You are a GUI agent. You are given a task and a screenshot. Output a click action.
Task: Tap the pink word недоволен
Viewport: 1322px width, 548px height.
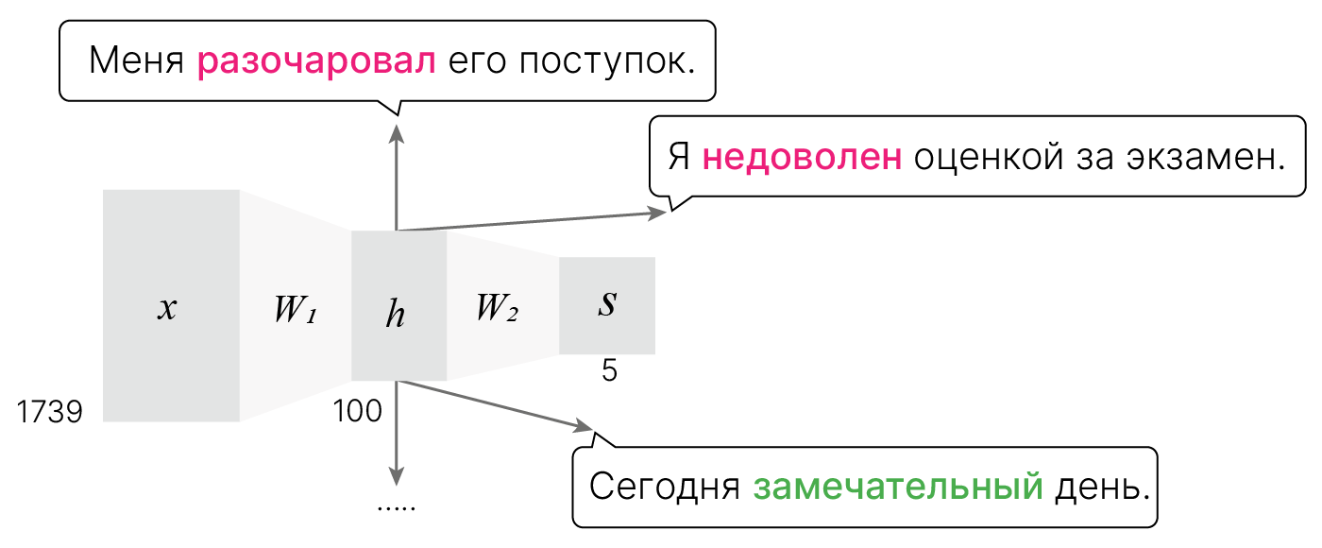[x=802, y=156]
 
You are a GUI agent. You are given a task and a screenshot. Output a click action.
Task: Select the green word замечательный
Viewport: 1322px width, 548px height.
[x=898, y=488]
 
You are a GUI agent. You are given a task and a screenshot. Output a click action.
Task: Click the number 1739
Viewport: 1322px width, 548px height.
[x=50, y=412]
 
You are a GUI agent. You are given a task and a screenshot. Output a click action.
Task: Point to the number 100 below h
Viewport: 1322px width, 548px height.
[x=357, y=412]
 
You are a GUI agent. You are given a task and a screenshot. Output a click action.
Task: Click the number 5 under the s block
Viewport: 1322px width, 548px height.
[x=609, y=371]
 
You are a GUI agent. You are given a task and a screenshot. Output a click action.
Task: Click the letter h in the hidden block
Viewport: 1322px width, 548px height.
[x=396, y=314]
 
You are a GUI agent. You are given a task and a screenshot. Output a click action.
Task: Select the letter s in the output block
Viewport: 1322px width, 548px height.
[x=608, y=304]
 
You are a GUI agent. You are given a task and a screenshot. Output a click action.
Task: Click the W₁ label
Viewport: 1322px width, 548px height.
[x=294, y=310]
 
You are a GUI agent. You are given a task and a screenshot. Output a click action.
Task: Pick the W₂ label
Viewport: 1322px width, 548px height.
[x=497, y=307]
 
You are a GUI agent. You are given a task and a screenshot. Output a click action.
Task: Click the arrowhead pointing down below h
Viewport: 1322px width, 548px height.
[x=397, y=476]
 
